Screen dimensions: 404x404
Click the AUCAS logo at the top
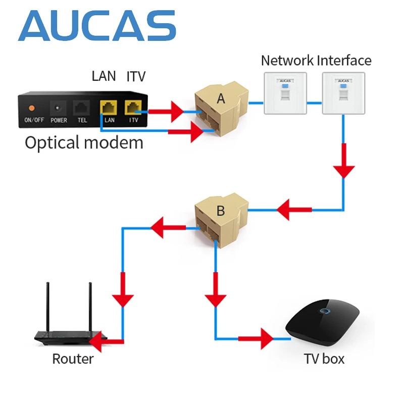97,26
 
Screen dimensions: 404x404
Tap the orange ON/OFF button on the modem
31,108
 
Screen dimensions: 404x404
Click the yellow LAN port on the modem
109,108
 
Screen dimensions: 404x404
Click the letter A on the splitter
221,99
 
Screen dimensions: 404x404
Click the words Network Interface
316,61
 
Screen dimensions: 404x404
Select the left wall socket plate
284,92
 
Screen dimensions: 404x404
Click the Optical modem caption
84,142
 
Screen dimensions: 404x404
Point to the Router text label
73,359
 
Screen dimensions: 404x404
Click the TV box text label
324,359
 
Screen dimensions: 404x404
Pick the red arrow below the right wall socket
344,161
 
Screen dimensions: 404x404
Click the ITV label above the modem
136,77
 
